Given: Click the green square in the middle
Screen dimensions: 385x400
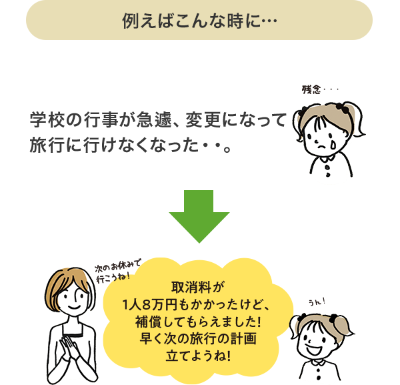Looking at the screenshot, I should (x=199, y=216).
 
